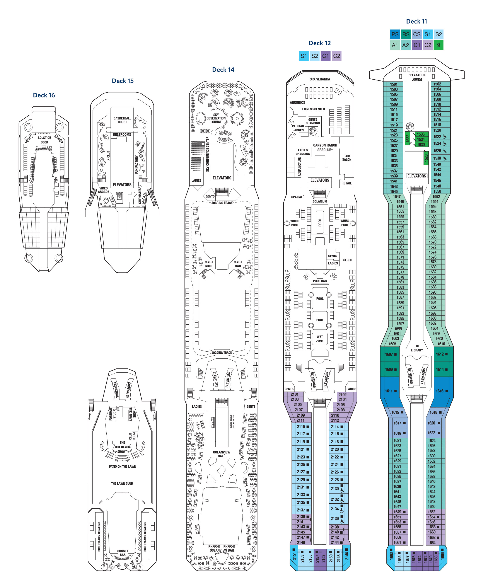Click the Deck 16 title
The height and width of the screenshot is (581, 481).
[44, 95]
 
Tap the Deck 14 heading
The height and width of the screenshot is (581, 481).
[223, 70]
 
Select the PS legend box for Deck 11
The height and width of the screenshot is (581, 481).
[395, 34]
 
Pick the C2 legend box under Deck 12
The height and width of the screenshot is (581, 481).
[336, 56]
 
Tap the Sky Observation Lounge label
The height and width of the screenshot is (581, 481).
[216, 118]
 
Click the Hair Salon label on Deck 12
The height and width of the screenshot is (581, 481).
[346, 158]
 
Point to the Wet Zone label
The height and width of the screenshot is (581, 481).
[320, 339]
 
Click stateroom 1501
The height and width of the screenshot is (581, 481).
[394, 84]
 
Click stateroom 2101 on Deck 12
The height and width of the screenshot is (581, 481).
[295, 394]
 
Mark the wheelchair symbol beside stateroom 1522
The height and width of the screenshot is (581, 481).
[444, 136]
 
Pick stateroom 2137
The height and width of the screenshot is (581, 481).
[301, 510]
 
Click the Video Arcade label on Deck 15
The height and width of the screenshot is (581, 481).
[104, 190]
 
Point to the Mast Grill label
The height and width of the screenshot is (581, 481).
[209, 264]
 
